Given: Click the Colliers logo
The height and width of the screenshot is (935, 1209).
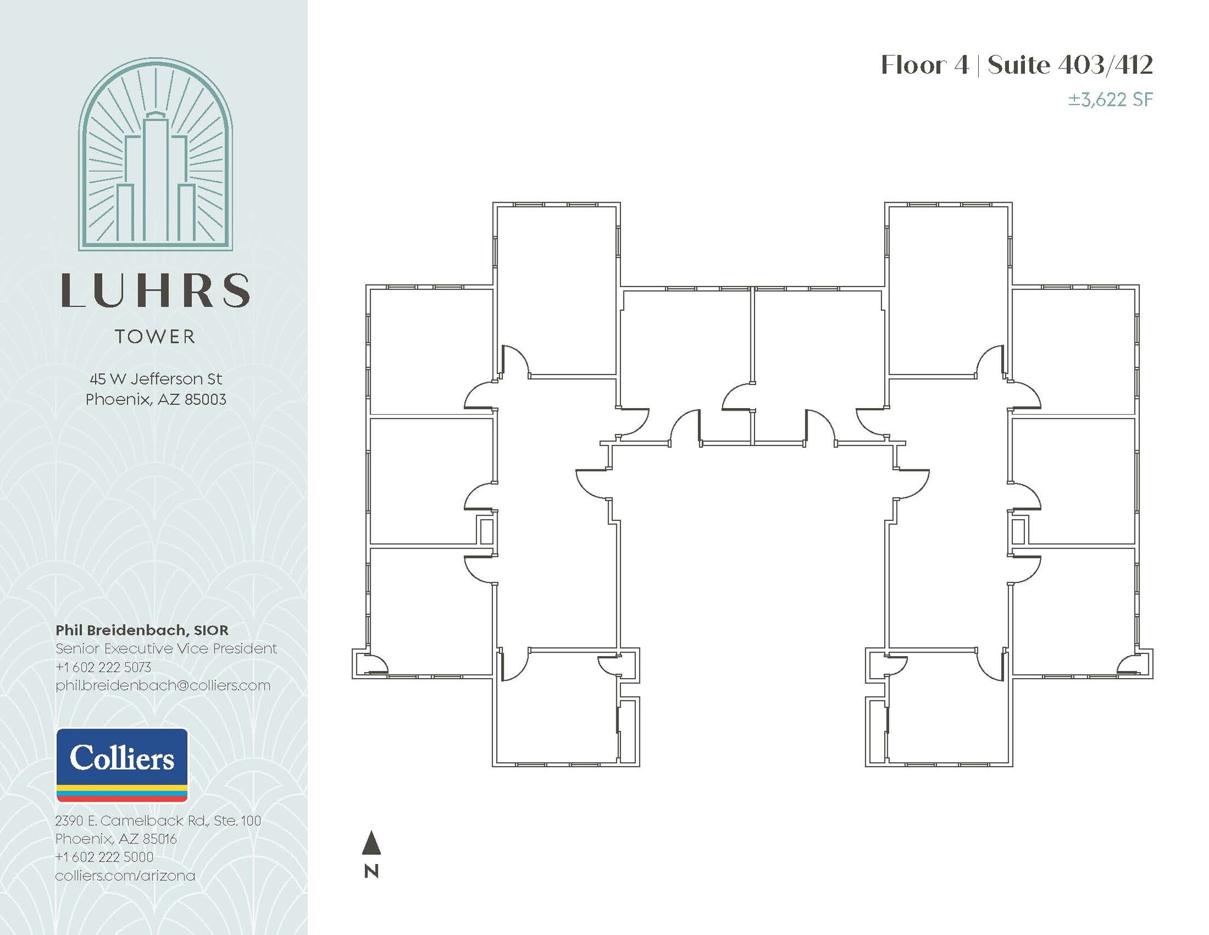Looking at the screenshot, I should coord(122,764).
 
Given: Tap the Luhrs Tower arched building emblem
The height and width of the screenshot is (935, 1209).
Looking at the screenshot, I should coord(155,155).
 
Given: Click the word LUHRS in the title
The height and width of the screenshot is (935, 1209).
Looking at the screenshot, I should coord(155,291).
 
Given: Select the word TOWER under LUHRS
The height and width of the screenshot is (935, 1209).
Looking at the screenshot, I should coord(155,337).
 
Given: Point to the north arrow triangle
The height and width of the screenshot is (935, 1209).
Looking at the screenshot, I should coord(371,843).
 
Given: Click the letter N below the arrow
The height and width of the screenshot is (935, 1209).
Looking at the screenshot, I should coord(371,871).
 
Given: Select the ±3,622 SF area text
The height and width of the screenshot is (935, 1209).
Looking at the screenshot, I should coord(1110,99).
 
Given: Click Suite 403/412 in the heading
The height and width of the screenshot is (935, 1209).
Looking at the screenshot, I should coord(1070,65).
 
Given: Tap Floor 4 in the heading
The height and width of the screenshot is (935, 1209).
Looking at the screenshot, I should coord(924,65).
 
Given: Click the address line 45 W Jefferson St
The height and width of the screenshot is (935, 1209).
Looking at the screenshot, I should coord(156,379).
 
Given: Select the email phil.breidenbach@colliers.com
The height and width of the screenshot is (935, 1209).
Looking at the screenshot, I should coord(163,685).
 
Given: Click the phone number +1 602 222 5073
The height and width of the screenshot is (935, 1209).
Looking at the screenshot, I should coord(103,667).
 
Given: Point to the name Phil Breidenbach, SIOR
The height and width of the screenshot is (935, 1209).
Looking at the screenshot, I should coord(142,630).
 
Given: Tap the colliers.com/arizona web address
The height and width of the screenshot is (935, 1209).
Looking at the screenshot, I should coord(125,875).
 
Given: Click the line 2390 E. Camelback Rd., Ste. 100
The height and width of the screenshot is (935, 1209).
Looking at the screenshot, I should coord(158,820).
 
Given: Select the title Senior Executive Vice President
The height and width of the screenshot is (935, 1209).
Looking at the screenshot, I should coord(166,649).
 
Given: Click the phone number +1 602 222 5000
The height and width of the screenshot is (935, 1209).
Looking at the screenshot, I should coord(104,857).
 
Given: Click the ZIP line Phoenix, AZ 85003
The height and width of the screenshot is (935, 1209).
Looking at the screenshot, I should coord(156,399).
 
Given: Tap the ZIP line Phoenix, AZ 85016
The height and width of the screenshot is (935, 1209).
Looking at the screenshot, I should coord(116,839).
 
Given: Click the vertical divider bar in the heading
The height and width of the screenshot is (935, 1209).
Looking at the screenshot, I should coord(978,65).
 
